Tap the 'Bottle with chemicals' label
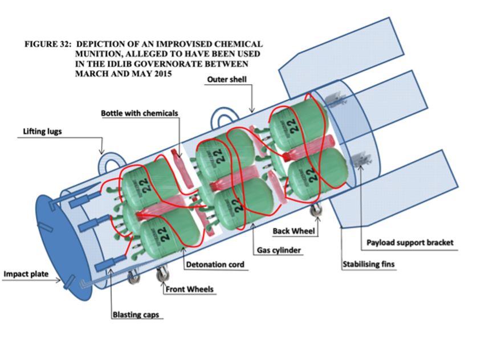tap(140, 113)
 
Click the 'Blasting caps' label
tap(135, 314)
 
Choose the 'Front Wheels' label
tap(190, 289)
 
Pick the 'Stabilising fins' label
tap(368, 264)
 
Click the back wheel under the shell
tap(317, 211)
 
